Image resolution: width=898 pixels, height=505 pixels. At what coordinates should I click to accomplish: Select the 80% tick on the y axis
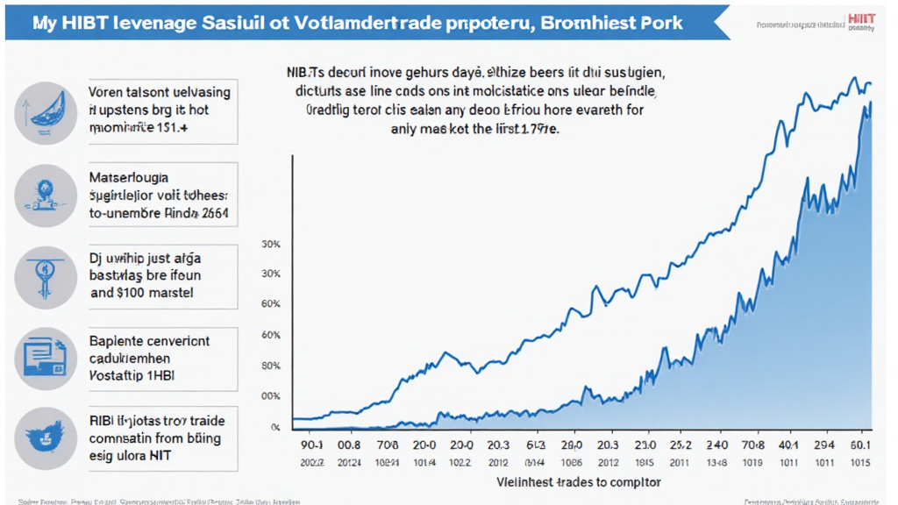(x=270, y=366)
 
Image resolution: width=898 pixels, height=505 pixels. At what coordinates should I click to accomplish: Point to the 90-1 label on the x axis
(x=311, y=445)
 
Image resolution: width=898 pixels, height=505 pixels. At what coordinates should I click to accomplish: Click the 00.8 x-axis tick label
(x=349, y=445)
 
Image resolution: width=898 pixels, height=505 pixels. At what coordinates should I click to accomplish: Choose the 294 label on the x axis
(x=823, y=445)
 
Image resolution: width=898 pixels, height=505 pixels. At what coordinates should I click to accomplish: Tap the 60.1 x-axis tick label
(x=861, y=445)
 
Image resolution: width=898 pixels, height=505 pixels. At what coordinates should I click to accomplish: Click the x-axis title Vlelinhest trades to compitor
(x=579, y=482)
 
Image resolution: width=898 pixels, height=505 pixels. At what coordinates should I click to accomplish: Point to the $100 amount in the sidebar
(x=137, y=293)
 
